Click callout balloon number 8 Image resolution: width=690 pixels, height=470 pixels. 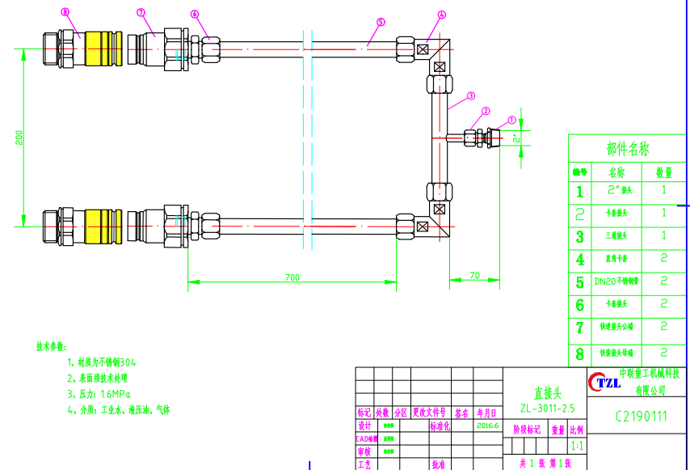pyautogui.click(x=65, y=12)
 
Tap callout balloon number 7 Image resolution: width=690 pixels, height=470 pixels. pyautogui.click(x=141, y=13)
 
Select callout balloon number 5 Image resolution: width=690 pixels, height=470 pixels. pyautogui.click(x=381, y=23)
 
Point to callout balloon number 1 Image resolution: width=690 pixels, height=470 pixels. pyautogui.click(x=511, y=120)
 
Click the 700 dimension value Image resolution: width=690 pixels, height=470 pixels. pyautogui.click(x=292, y=277)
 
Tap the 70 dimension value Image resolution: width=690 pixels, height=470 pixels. pyautogui.click(x=474, y=276)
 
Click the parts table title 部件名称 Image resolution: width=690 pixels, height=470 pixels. pyautogui.click(x=627, y=149)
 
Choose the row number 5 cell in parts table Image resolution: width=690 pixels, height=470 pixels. pyautogui.click(x=579, y=282)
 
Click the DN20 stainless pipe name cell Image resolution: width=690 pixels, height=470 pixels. pyautogui.click(x=616, y=282)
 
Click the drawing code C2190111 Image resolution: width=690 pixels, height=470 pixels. pyautogui.click(x=642, y=417)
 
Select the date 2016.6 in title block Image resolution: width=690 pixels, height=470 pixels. pyautogui.click(x=489, y=425)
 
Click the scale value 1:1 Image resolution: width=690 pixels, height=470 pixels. pyautogui.click(x=577, y=446)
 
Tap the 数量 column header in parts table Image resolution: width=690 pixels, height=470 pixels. pyautogui.click(x=664, y=172)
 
